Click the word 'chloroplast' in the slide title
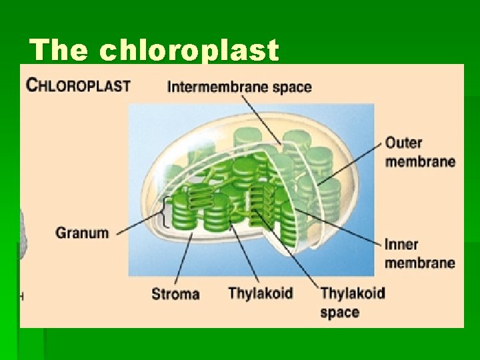[189, 51]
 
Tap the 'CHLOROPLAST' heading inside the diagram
[79, 85]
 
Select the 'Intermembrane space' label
[239, 87]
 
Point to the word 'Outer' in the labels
[403, 143]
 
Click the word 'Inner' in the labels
[401, 245]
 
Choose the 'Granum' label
[82, 233]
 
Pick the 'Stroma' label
[175, 294]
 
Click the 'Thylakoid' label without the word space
[260, 293]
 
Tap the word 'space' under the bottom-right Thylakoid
[339, 312]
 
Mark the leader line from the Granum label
[138, 225]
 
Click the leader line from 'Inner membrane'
[340, 225]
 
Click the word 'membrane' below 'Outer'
[420, 161]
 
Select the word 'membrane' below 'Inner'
[419, 263]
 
